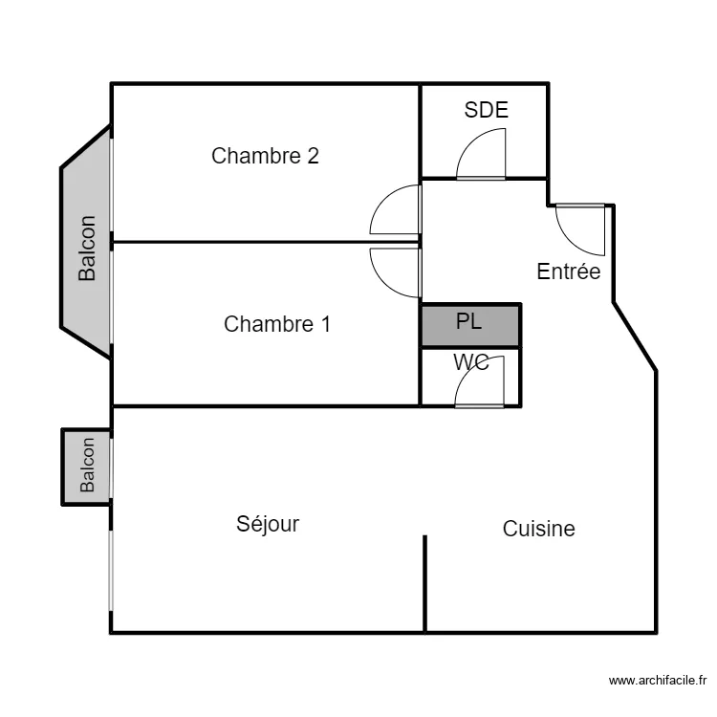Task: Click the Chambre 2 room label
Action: (265, 156)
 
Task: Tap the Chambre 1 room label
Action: (277, 324)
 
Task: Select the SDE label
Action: (486, 110)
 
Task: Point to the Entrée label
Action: (569, 272)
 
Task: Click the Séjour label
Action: (268, 524)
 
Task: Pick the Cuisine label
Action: (538, 529)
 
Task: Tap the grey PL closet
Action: (470, 325)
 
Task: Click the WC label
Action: (471, 362)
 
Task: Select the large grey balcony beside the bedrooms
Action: (86, 243)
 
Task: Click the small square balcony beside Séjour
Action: (86, 467)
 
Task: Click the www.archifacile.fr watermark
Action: (658, 681)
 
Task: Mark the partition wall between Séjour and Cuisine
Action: (424, 584)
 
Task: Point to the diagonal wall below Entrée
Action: (635, 337)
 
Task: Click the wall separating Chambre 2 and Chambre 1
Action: (265, 242)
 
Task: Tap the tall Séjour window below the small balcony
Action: (110, 570)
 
